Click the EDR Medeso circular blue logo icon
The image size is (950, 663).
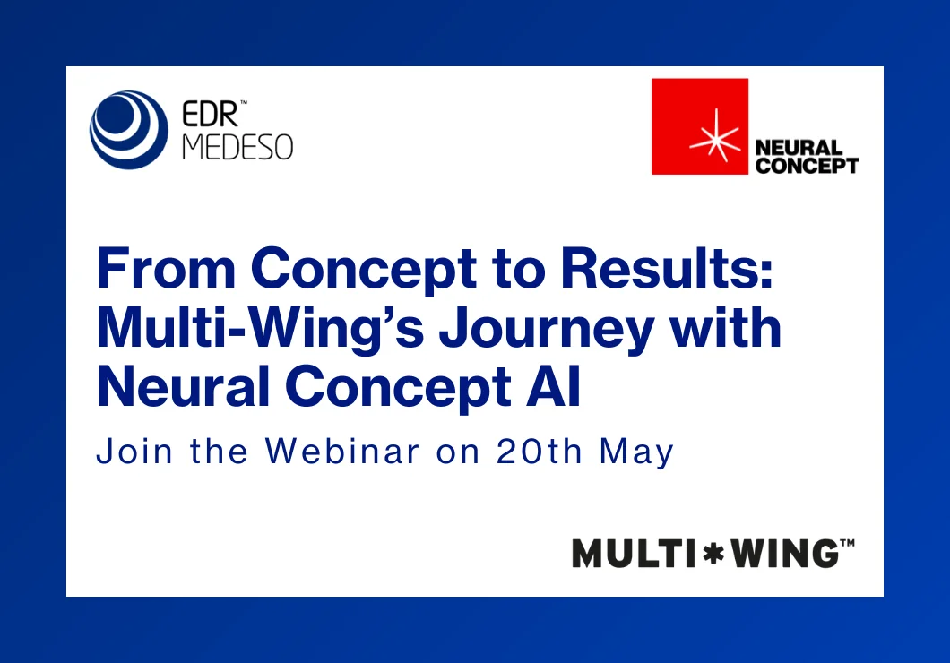pos(128,130)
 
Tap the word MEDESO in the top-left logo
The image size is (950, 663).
pos(237,147)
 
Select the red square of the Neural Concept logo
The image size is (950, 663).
pos(700,126)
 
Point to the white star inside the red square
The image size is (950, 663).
pos(715,135)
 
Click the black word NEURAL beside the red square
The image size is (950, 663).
pos(799,148)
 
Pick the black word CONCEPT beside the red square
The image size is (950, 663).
pos(807,165)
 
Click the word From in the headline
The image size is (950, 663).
pos(166,268)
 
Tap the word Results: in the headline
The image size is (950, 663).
pos(667,268)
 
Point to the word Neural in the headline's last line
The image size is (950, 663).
pos(183,386)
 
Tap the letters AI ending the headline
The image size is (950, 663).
pos(553,386)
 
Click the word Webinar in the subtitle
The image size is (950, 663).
pos(342,451)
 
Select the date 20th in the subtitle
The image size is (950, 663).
pos(540,451)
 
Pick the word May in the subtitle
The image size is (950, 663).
pos(636,452)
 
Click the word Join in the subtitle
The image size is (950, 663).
pos(134,451)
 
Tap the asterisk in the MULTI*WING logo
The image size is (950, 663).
pos(712,554)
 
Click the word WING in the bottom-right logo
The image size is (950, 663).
pos(784,554)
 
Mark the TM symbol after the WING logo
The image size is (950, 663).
pos(847,543)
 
